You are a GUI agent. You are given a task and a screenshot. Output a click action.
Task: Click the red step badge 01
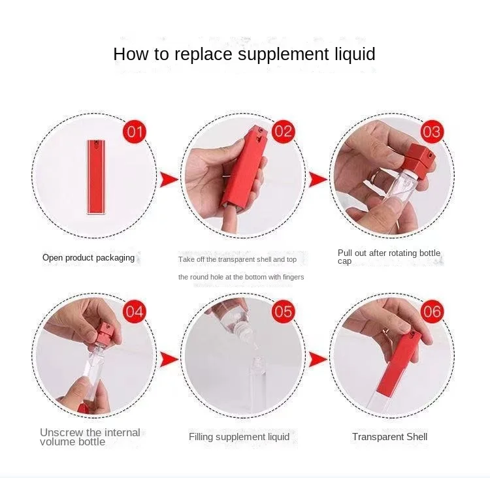coord(135,132)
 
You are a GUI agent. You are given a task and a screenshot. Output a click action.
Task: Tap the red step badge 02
coord(284,132)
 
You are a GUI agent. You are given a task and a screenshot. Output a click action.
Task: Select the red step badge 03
coord(433,132)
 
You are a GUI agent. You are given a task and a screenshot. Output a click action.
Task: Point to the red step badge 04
coord(135,311)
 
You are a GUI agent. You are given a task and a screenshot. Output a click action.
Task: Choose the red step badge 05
coord(284,311)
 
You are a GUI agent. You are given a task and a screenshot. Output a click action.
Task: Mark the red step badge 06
coord(433,311)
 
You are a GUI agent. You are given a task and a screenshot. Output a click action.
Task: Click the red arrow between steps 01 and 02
coord(169,180)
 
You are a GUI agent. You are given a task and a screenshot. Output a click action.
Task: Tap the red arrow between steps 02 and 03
coord(318,180)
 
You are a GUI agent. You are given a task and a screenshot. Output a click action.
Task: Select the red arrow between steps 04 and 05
coord(169,359)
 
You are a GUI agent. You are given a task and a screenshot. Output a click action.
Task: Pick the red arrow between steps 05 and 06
coord(318,359)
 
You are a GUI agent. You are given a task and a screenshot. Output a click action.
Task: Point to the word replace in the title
coord(203,55)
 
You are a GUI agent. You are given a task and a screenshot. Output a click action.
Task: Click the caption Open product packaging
coord(88,258)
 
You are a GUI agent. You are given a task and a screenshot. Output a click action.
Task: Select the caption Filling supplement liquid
coord(239,437)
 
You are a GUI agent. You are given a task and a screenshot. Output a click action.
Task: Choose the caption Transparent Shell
coord(389,436)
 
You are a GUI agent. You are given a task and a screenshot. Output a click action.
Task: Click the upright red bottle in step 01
coord(96,177)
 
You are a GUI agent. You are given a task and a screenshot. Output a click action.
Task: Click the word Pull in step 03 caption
coord(345,253)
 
